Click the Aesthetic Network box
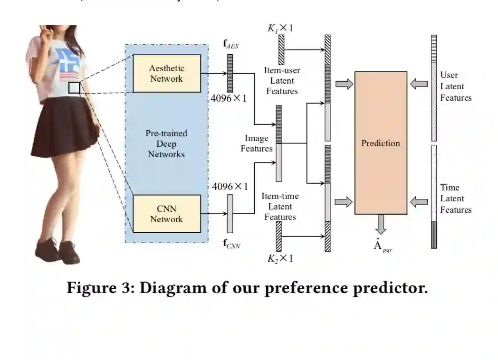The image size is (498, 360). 166,73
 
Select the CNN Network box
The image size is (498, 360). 166,214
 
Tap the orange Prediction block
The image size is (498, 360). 381,142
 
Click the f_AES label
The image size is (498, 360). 231,47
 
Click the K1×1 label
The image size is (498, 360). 280,28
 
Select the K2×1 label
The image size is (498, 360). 280,258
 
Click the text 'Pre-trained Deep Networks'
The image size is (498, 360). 166,143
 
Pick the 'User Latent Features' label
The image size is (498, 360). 456,86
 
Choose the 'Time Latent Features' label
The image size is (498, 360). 456,199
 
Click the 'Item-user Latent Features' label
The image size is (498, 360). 282,80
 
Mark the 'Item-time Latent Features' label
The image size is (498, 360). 280,206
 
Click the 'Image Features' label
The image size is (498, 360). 257,143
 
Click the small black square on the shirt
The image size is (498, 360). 74,87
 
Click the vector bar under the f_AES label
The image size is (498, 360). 230,73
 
